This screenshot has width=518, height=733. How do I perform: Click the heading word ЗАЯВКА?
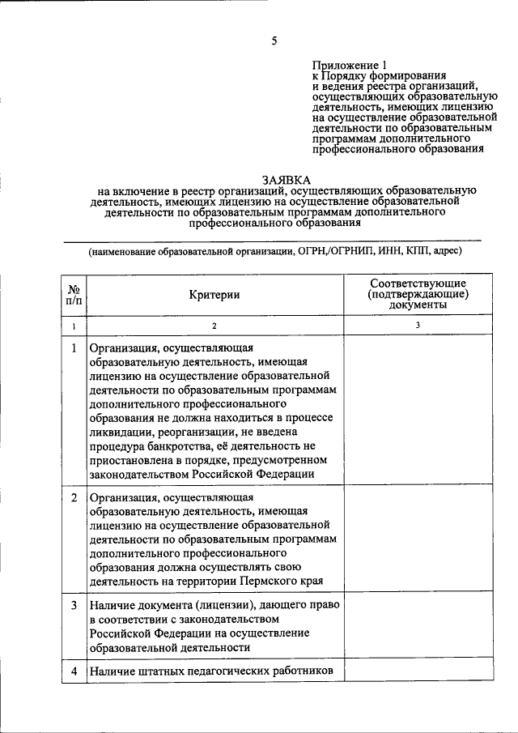[x=285, y=180]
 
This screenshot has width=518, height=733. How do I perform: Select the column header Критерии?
[x=215, y=296]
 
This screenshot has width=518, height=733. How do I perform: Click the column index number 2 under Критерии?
[x=215, y=326]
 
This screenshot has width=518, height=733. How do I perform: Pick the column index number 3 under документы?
[x=417, y=326]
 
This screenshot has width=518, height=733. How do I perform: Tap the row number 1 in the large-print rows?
[x=74, y=348]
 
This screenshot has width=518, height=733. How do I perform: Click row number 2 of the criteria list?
[x=74, y=496]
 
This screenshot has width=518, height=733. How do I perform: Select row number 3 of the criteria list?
[x=74, y=605]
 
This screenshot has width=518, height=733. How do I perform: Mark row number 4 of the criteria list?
[x=74, y=671]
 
